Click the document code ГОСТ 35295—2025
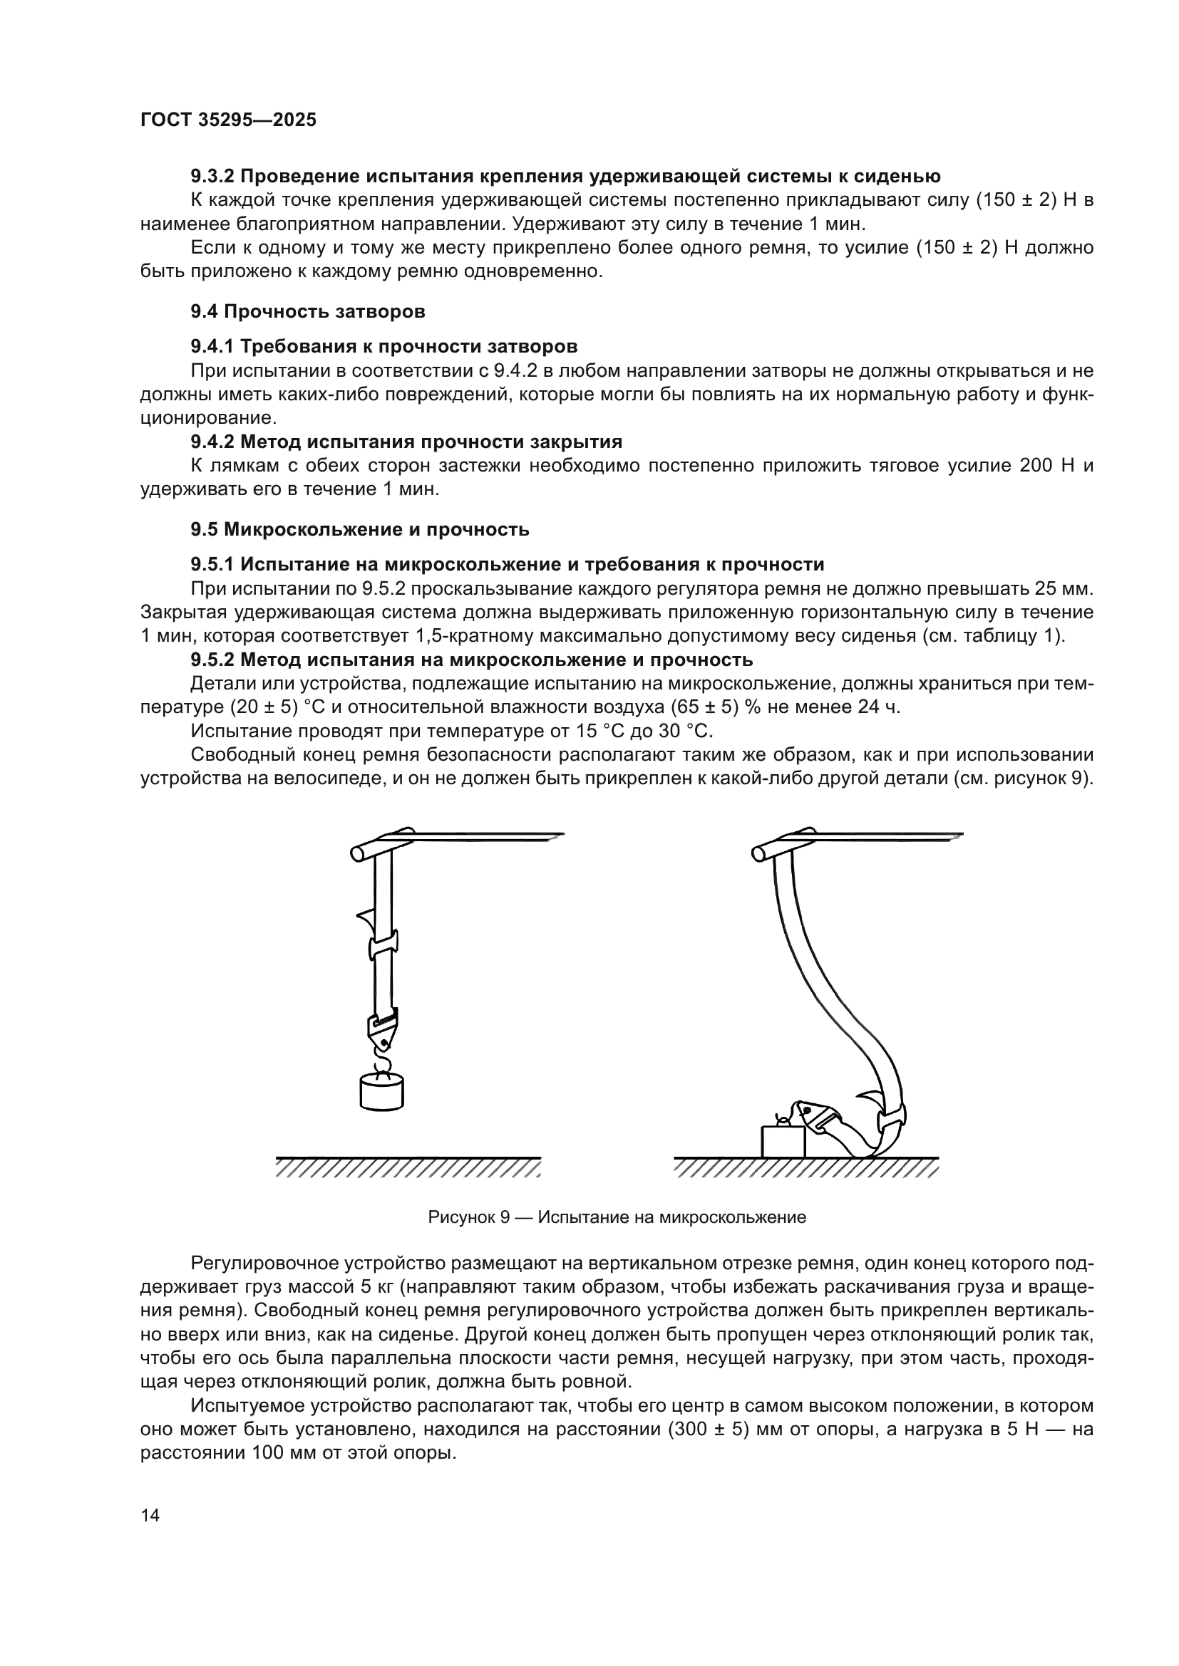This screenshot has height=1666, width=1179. (228, 120)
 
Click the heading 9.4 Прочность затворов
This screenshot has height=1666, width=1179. (308, 312)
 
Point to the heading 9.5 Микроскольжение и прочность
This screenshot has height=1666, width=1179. (360, 530)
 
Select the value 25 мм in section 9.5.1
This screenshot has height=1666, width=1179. (1066, 588)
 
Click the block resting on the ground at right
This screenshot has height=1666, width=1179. (783, 1141)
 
